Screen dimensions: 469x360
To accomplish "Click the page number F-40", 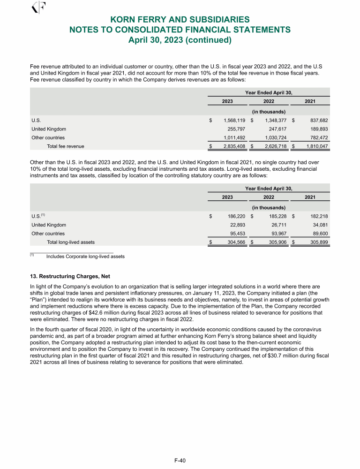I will coord(180,460).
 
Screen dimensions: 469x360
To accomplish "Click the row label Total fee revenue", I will coord(66,146).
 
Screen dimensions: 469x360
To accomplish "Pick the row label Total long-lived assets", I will coord(71,242).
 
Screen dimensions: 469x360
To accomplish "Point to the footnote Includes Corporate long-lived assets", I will coord(85,257).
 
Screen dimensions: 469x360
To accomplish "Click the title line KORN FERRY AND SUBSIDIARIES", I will coord(180,20).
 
